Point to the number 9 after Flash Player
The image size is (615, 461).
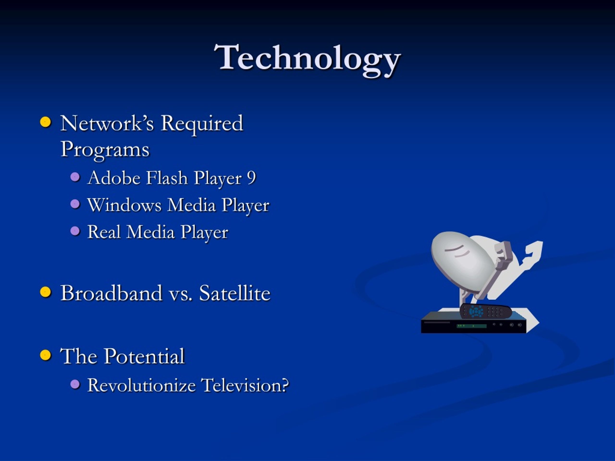tap(251, 178)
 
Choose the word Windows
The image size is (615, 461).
tap(124, 205)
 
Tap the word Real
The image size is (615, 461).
tap(104, 232)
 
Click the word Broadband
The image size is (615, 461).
tap(111, 293)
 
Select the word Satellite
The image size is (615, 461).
tap(235, 293)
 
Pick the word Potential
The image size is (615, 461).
tap(144, 356)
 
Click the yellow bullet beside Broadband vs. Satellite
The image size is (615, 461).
tap(45, 292)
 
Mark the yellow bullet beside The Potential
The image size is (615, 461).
tap(45, 355)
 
